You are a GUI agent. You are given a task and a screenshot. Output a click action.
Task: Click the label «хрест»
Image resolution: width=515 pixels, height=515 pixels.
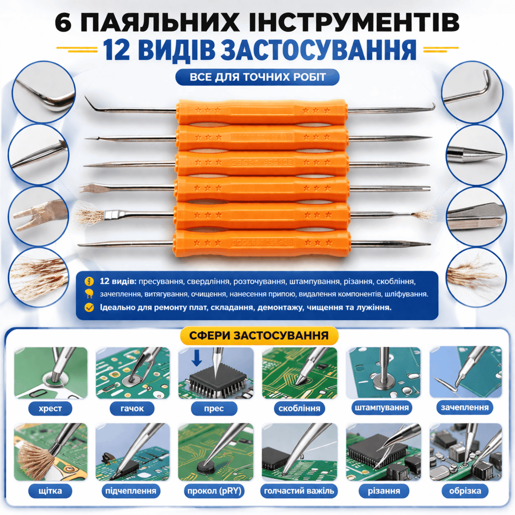(x=50, y=409)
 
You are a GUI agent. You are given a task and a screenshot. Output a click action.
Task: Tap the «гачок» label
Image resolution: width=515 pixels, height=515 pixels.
(x=132, y=409)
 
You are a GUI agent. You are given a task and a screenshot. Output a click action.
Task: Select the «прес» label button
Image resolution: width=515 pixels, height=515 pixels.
(x=214, y=409)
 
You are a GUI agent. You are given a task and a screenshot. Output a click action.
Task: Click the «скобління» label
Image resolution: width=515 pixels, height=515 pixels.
(x=299, y=409)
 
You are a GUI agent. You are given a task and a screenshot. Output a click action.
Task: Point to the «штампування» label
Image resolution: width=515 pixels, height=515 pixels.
(x=382, y=408)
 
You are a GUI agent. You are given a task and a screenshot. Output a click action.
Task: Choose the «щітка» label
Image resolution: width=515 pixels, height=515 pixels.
(x=50, y=491)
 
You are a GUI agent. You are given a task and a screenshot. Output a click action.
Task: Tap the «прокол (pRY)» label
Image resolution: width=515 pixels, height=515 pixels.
(x=214, y=491)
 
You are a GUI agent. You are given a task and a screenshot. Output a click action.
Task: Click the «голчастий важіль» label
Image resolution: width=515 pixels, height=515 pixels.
(x=299, y=491)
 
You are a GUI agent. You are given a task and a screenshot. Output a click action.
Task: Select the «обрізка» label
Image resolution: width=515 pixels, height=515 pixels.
(x=465, y=491)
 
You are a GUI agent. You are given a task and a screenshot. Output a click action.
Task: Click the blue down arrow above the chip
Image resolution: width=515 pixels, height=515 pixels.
(x=197, y=358)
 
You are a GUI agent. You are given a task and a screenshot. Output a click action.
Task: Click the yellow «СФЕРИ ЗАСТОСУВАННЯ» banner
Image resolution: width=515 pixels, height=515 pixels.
(x=259, y=336)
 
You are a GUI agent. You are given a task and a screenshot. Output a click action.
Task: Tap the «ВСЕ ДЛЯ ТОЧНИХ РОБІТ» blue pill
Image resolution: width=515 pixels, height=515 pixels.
(x=257, y=77)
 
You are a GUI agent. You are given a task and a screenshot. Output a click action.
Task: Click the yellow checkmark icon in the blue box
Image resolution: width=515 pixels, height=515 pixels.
(x=89, y=308)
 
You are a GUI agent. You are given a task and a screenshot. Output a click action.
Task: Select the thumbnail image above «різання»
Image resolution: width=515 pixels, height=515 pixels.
(x=383, y=452)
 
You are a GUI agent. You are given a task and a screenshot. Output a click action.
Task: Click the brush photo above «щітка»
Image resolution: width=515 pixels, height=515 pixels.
(x=51, y=452)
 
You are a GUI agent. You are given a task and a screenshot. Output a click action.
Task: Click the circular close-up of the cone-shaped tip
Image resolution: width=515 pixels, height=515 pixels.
(x=476, y=155)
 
